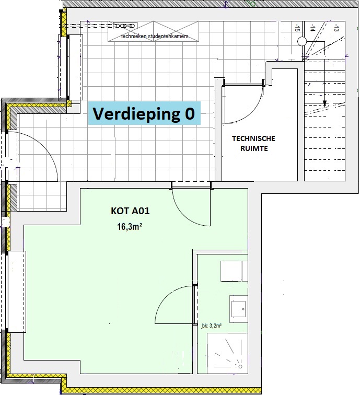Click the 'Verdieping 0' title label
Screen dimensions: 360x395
tap(144, 113)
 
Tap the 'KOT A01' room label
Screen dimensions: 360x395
tap(130, 211)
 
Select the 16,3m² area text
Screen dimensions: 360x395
tap(130, 227)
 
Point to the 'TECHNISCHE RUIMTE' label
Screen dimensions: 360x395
tap(254, 143)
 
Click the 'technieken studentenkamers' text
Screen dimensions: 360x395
tap(155, 36)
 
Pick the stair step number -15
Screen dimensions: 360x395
tap(297, 28)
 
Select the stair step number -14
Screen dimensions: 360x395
tap(312, 28)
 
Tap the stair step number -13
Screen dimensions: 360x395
tap(336, 28)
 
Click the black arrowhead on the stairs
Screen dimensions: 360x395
tap(324, 103)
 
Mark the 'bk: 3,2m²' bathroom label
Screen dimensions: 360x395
tap(212, 326)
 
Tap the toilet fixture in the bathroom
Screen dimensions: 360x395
tap(234, 271)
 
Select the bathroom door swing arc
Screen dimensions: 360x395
tap(167, 294)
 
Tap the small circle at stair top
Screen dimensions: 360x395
tap(302, 41)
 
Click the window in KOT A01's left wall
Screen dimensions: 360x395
tap(16, 292)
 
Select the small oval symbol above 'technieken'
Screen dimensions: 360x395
tap(125, 26)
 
